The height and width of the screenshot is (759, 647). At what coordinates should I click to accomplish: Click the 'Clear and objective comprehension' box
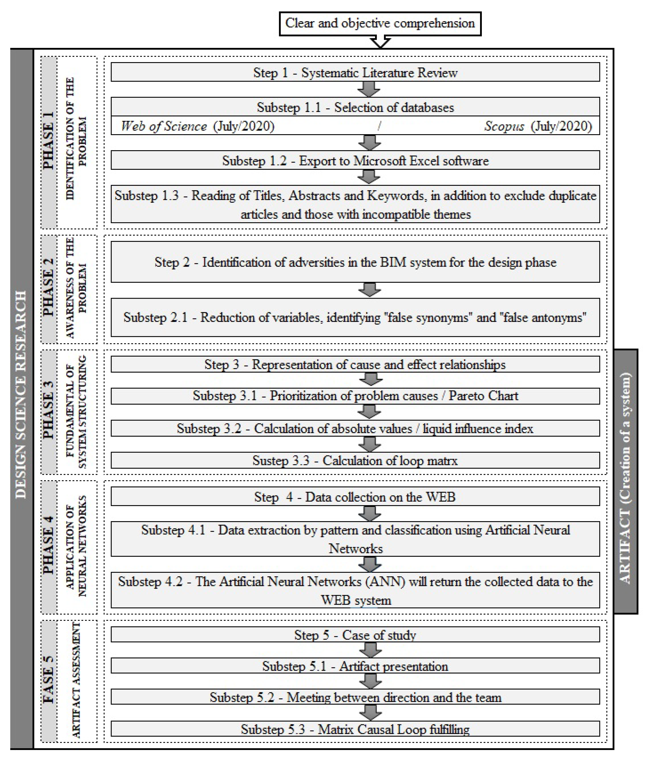click(x=380, y=23)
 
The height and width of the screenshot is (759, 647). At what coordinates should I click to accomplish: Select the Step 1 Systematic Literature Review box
click(x=355, y=72)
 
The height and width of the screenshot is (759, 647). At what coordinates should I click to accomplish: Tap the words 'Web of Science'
click(x=164, y=126)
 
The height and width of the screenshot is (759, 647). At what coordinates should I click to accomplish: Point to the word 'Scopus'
click(x=504, y=126)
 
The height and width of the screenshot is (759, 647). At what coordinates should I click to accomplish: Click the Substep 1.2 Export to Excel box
click(x=355, y=161)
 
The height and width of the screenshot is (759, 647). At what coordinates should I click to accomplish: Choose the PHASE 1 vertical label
click(x=49, y=141)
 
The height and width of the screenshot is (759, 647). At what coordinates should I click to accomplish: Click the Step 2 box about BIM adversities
click(x=355, y=262)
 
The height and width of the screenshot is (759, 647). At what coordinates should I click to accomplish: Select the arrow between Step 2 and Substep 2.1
click(x=369, y=290)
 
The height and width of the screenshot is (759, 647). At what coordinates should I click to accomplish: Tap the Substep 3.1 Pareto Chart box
click(x=355, y=396)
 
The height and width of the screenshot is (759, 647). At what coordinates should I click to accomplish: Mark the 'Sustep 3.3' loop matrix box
click(x=355, y=461)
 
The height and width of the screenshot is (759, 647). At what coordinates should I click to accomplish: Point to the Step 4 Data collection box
click(x=355, y=497)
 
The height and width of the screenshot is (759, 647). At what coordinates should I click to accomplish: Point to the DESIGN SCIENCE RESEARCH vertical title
click(x=22, y=396)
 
